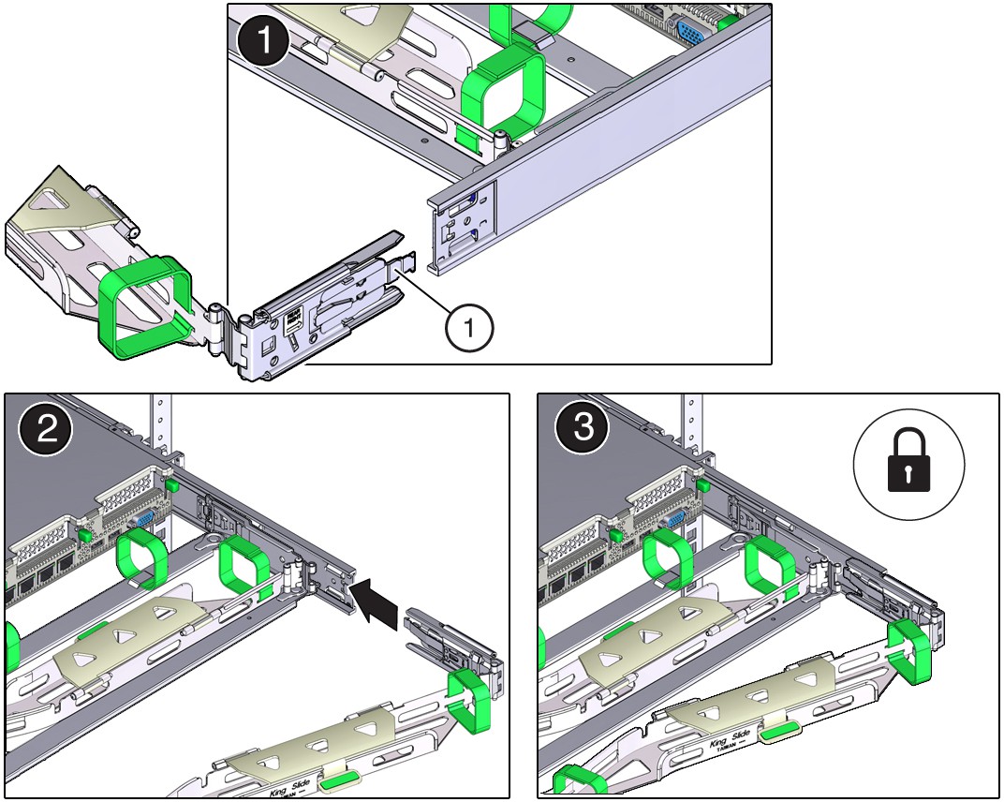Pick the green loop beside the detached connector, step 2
click(x=471, y=700)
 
